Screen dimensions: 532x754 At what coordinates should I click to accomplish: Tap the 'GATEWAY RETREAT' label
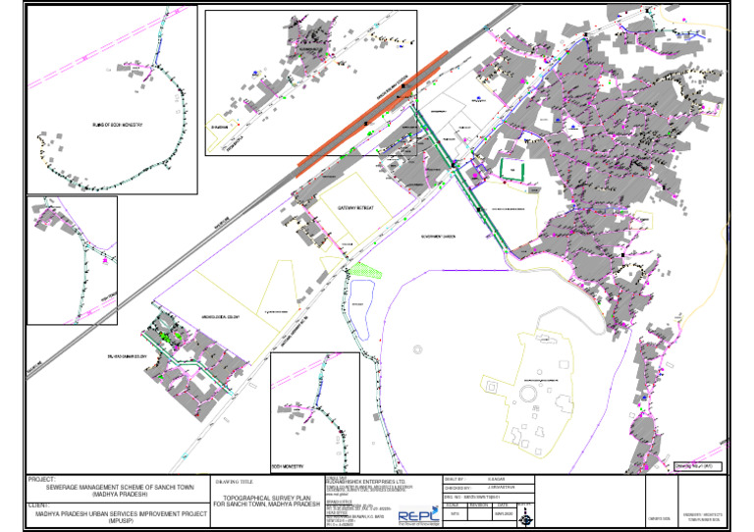[356, 209]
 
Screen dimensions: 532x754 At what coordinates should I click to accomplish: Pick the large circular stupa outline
[528, 393]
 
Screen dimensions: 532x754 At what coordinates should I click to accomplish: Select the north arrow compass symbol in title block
[523, 511]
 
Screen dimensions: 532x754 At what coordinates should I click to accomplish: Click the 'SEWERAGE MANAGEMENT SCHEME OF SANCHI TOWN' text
[120, 488]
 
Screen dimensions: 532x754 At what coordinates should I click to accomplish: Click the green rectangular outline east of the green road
[513, 169]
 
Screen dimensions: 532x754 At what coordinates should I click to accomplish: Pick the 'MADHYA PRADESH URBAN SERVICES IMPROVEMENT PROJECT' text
[119, 512]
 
